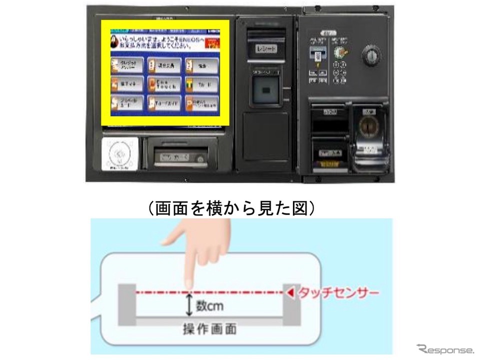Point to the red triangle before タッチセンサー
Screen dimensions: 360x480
coord(288,293)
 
